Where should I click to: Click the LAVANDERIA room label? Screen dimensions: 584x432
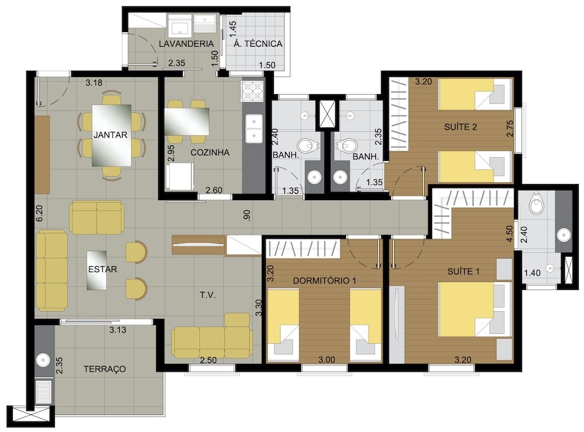(x=186, y=44)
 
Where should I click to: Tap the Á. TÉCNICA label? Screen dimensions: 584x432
(x=258, y=44)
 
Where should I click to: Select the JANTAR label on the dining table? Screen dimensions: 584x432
(x=110, y=135)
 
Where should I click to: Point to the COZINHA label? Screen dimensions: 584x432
(x=210, y=152)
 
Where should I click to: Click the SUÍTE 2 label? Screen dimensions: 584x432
(x=460, y=127)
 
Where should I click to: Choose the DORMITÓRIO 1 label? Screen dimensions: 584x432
(x=324, y=280)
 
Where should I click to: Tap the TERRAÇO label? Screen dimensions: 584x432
(x=105, y=369)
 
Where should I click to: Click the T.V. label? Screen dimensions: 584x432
(x=208, y=295)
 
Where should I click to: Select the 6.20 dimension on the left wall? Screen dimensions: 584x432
(x=40, y=214)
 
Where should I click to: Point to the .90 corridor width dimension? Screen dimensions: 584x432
(x=246, y=215)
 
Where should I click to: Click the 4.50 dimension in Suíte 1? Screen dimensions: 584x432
(x=510, y=234)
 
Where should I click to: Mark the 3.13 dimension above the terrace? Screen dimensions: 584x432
(x=118, y=330)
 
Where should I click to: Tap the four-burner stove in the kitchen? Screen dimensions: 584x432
(x=252, y=91)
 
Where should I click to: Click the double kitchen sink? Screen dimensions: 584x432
(x=253, y=128)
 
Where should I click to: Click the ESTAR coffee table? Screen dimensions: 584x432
(x=97, y=270)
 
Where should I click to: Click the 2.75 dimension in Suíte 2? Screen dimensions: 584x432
(x=510, y=128)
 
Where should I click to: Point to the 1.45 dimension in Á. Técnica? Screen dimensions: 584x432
(x=232, y=29)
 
